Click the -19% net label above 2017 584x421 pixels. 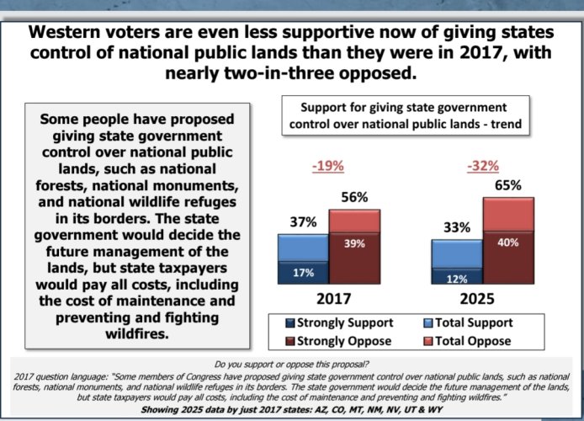tap(327, 165)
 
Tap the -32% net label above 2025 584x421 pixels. tap(483, 165)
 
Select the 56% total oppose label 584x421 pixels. tap(354, 197)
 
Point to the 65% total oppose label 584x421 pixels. tap(508, 185)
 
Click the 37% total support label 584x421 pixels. tap(303, 222)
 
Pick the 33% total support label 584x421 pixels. tap(457, 227)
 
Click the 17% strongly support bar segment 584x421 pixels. tap(303, 273)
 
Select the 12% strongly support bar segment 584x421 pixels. tap(457, 276)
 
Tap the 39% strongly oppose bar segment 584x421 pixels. tap(354, 258)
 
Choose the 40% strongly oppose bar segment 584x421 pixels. tap(508, 258)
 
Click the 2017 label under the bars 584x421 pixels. tap(334, 299)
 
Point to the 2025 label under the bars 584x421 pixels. tap(477, 299)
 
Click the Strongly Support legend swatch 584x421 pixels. tap(290, 323)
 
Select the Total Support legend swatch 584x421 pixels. tap(428, 323)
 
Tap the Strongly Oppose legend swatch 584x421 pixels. tap(290, 341)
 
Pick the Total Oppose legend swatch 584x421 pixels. tap(428, 341)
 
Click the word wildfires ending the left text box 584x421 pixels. tap(136, 333)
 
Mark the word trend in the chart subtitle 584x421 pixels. tap(506, 124)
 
